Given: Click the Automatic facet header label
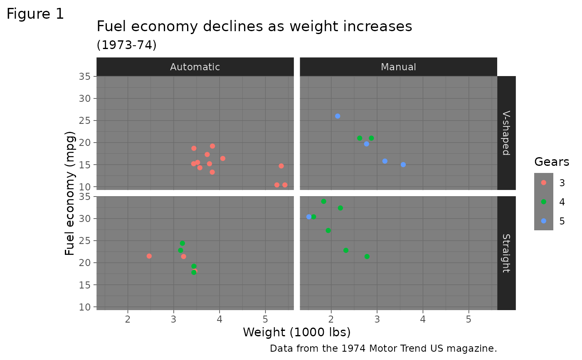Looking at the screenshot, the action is click(195, 67).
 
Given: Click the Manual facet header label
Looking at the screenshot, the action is click(398, 67).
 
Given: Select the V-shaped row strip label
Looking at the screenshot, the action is click(506, 133).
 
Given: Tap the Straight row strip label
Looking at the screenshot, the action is click(506, 253).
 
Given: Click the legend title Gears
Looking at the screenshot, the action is click(552, 162).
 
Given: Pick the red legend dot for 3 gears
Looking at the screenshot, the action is click(544, 182).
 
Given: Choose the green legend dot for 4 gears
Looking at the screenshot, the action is click(544, 202).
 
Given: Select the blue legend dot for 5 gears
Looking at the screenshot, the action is click(544, 221).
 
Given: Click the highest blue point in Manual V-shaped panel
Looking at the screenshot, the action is click(338, 116).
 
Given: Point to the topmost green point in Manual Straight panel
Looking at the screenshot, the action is click(323, 201).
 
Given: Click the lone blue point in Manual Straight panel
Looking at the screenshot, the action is click(308, 217).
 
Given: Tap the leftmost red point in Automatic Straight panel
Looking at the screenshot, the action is click(149, 256).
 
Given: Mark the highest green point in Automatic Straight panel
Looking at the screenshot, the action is click(182, 243).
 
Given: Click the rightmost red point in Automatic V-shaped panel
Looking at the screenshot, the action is click(285, 185).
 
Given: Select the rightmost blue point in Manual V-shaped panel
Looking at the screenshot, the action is click(403, 165).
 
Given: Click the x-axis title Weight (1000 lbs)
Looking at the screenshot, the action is click(297, 332).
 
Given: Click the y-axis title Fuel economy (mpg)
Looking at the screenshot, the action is click(70, 193).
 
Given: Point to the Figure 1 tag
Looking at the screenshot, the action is click(35, 14).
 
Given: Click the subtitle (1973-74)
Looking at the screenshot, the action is click(126, 45).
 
